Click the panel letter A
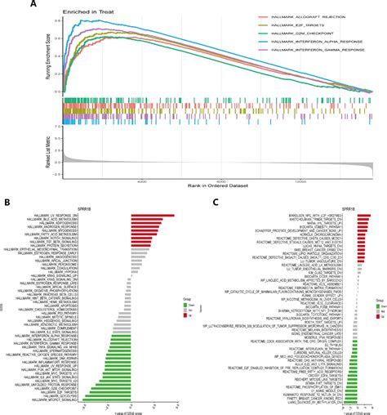33,5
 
